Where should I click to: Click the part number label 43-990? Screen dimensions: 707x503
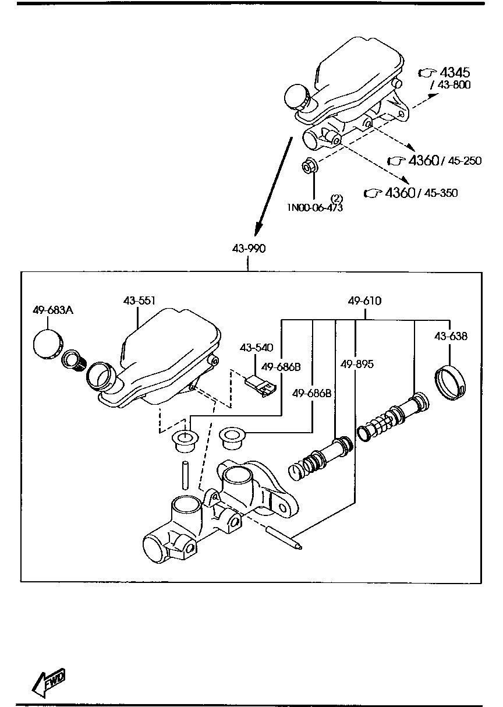249,249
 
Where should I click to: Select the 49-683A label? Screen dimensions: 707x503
52,310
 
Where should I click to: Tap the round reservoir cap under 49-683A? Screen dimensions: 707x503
48,344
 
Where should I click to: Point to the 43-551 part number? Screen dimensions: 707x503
139,301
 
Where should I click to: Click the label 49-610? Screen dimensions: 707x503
364,301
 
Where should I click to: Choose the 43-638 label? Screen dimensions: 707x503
451,336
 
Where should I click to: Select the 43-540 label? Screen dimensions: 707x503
256,348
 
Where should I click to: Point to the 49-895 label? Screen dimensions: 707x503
357,365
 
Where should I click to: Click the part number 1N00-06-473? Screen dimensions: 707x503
314,208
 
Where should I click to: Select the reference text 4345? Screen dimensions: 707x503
455,73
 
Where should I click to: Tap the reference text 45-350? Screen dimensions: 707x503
441,193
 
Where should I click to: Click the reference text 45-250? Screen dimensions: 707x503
465,161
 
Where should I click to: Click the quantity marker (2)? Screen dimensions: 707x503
336,198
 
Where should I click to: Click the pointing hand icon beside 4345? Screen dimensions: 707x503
427,73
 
